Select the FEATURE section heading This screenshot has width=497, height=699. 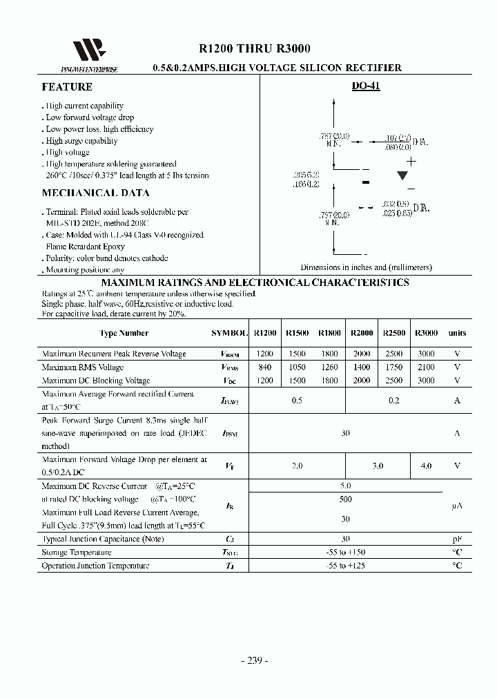point(67,87)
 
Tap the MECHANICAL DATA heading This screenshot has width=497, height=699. point(95,193)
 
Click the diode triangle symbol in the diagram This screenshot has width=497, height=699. point(402,175)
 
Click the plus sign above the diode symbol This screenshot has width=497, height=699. point(411,161)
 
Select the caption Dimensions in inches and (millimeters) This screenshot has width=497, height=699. point(366,267)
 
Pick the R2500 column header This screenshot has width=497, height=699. point(394,333)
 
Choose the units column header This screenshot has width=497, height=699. point(457,333)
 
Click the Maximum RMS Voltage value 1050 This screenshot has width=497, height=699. point(296,367)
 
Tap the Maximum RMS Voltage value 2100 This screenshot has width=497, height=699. point(426,367)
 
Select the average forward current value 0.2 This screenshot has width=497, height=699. point(394,401)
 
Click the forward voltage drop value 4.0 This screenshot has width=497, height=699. point(426,466)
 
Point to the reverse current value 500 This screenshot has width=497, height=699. point(345,499)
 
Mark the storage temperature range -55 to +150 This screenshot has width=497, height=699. point(345,553)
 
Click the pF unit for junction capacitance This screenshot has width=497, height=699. point(457,539)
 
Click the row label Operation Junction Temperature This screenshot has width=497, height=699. point(95,566)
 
